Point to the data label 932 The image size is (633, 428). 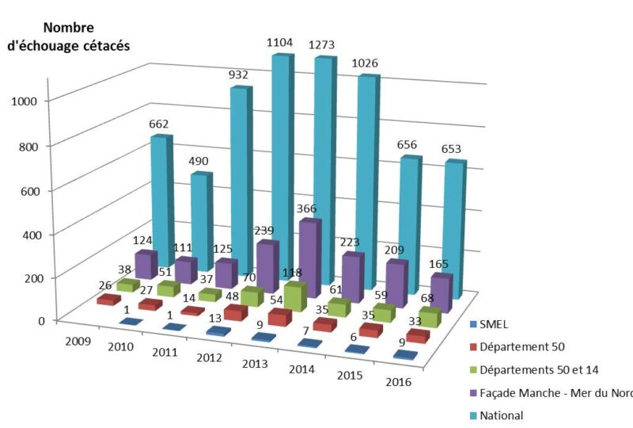pyautogui.click(x=239, y=75)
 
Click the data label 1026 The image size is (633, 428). pyautogui.click(x=365, y=65)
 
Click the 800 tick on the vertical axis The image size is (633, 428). pyautogui.click(x=31, y=145)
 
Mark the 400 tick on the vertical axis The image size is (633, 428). pyautogui.click(x=31, y=234)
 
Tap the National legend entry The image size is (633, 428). pyautogui.click(x=502, y=415)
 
